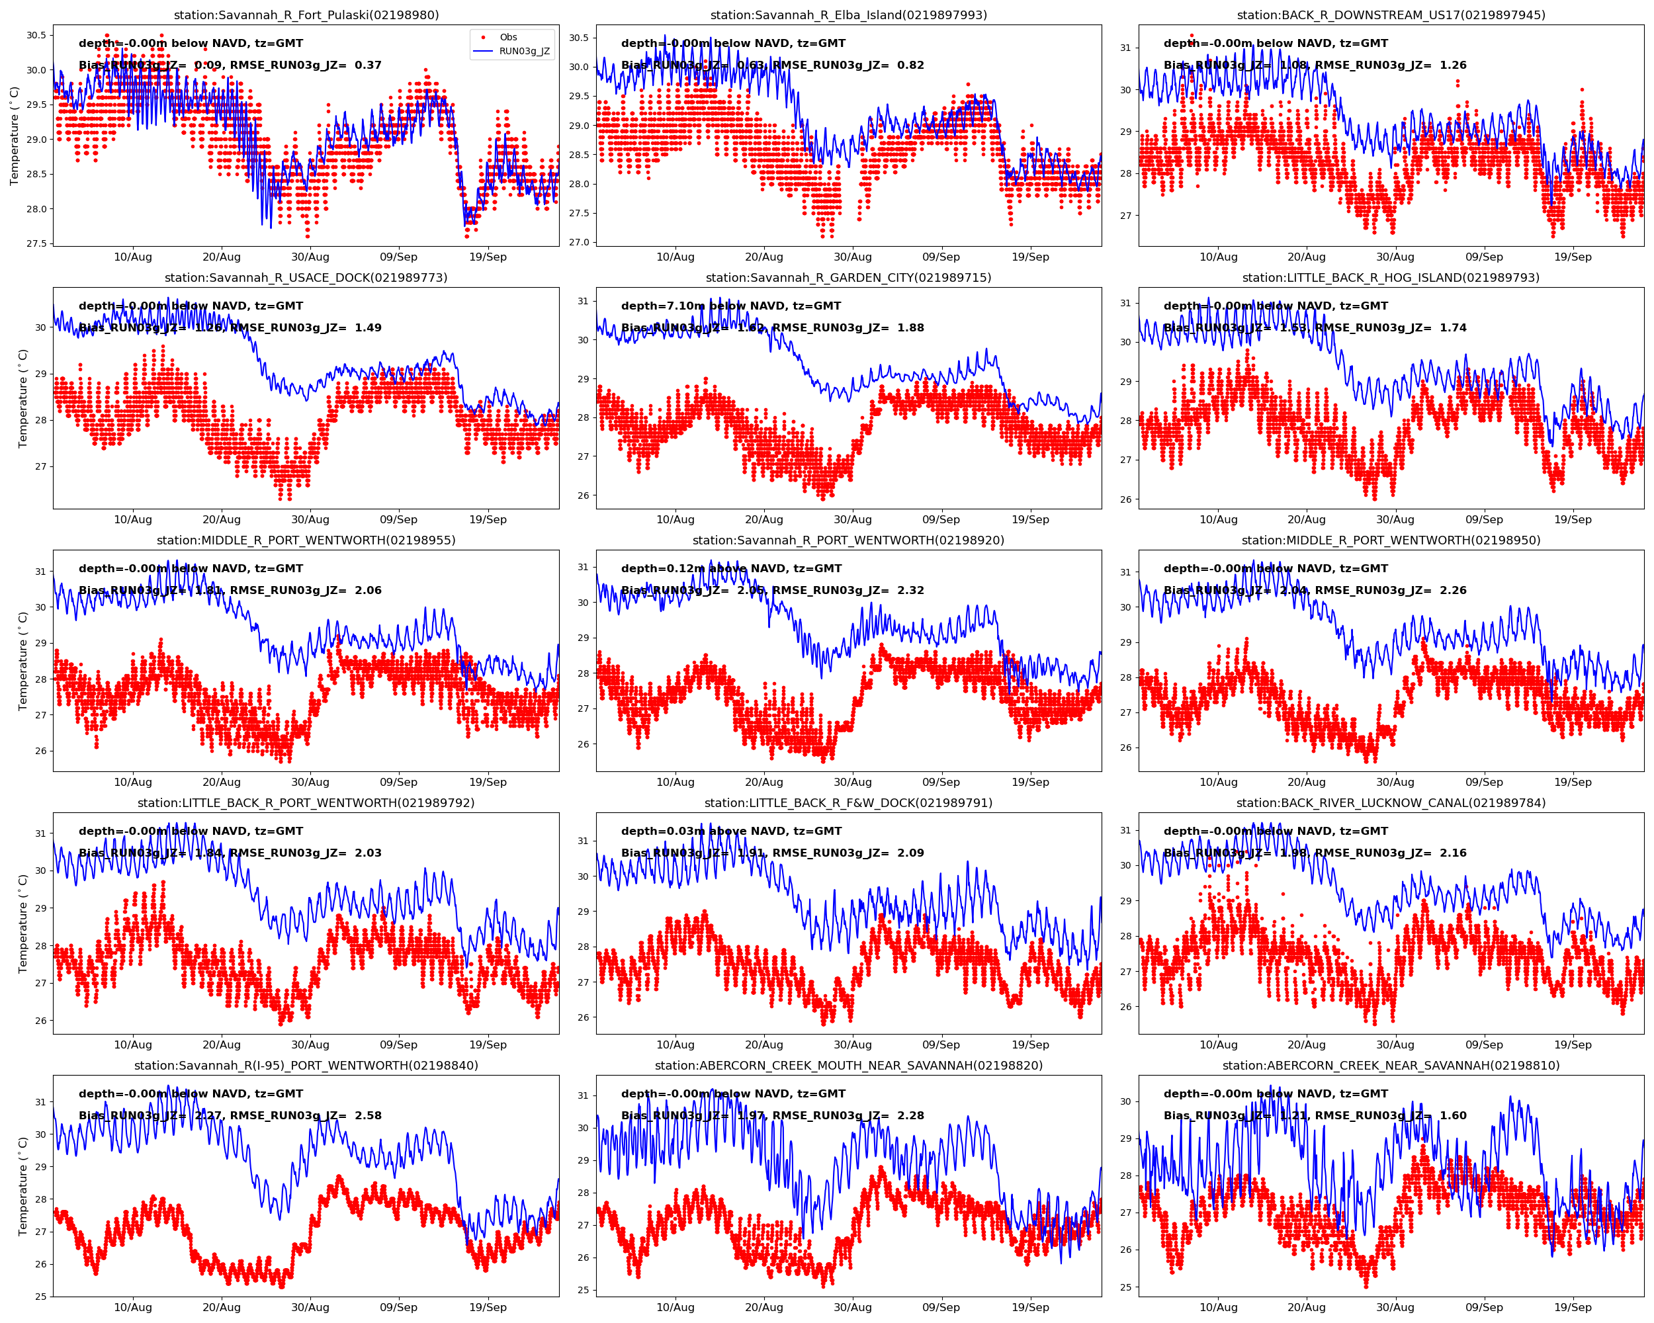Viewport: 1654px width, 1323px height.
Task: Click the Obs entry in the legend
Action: [508, 37]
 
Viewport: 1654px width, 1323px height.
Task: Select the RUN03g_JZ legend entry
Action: [524, 52]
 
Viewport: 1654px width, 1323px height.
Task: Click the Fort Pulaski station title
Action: [306, 15]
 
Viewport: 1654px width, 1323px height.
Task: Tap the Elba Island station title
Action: [848, 15]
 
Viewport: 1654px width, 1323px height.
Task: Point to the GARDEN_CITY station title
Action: [848, 278]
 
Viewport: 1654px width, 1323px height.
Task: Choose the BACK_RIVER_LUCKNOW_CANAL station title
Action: [1391, 803]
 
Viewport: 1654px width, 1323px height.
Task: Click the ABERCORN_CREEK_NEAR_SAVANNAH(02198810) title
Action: [1391, 1065]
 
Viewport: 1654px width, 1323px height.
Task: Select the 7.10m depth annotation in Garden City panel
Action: [730, 306]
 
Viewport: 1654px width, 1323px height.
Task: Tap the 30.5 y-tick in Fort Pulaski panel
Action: [36, 34]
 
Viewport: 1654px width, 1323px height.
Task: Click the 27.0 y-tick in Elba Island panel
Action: [578, 242]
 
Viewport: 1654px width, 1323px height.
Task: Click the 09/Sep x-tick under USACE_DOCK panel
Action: [399, 519]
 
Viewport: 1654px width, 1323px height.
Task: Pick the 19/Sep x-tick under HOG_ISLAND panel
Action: [1573, 519]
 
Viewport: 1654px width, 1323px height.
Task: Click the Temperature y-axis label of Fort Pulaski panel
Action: [14, 136]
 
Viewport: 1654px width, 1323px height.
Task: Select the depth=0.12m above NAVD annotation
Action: [730, 568]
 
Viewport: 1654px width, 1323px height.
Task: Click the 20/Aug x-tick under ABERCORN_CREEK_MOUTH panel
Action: [764, 1307]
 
